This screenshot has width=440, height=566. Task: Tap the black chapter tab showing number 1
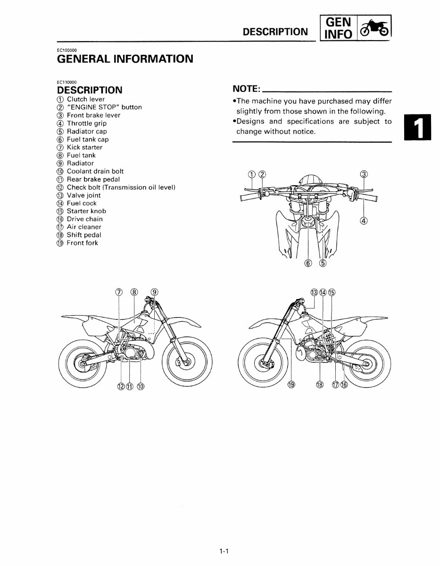(x=417, y=128)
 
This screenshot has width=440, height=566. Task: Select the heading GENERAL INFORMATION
(x=125, y=59)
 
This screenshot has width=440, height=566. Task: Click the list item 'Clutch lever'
(x=86, y=99)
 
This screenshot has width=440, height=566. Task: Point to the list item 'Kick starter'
(x=84, y=147)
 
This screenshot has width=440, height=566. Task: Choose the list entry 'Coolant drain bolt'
(x=95, y=171)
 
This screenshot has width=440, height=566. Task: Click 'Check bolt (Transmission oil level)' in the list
(x=121, y=187)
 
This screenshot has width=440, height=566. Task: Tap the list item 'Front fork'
(x=83, y=243)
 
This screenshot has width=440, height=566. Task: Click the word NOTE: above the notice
(x=247, y=89)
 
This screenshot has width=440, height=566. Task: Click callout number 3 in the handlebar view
(x=364, y=174)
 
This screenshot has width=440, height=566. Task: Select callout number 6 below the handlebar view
(x=308, y=263)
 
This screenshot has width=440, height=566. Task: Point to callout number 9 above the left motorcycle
(x=155, y=292)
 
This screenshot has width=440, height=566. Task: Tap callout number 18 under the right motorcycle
(x=320, y=384)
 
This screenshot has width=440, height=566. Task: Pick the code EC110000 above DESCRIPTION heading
(x=67, y=82)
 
